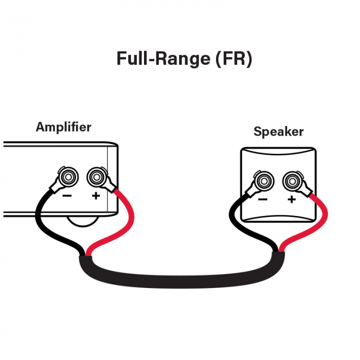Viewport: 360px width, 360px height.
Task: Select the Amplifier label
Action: (63, 127)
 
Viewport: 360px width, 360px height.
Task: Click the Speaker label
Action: (278, 132)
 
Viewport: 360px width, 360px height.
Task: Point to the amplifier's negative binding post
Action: (67, 178)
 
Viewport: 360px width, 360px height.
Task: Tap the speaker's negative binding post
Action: (264, 181)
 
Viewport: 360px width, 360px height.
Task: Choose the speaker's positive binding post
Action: (292, 181)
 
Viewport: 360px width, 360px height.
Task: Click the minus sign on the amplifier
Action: (67, 196)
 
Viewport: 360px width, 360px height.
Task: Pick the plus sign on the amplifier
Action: (96, 196)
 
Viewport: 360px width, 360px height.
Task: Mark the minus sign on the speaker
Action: (263, 200)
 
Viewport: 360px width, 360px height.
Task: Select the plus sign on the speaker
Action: (292, 200)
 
